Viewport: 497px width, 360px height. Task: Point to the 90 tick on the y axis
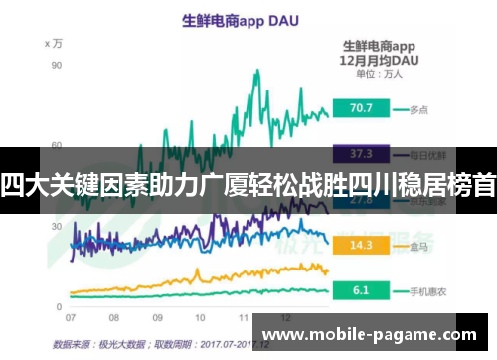pyautogui.click(x=57, y=66)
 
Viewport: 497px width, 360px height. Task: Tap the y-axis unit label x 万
pyautogui.click(x=54, y=44)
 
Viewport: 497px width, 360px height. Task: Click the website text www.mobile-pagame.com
pyautogui.click(x=374, y=335)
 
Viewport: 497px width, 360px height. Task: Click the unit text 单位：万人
pyautogui.click(x=379, y=73)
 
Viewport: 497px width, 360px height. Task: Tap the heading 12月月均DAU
pyautogui.click(x=379, y=59)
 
